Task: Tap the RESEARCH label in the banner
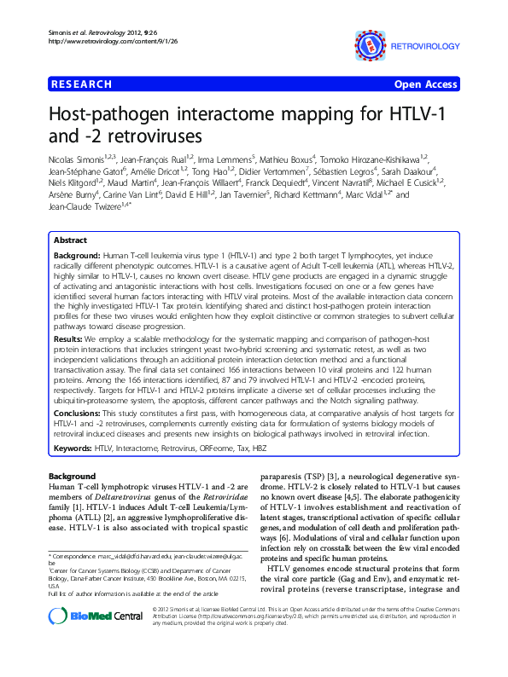82,84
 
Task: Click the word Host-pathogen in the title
110,114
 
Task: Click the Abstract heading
70,241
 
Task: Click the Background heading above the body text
73,475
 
